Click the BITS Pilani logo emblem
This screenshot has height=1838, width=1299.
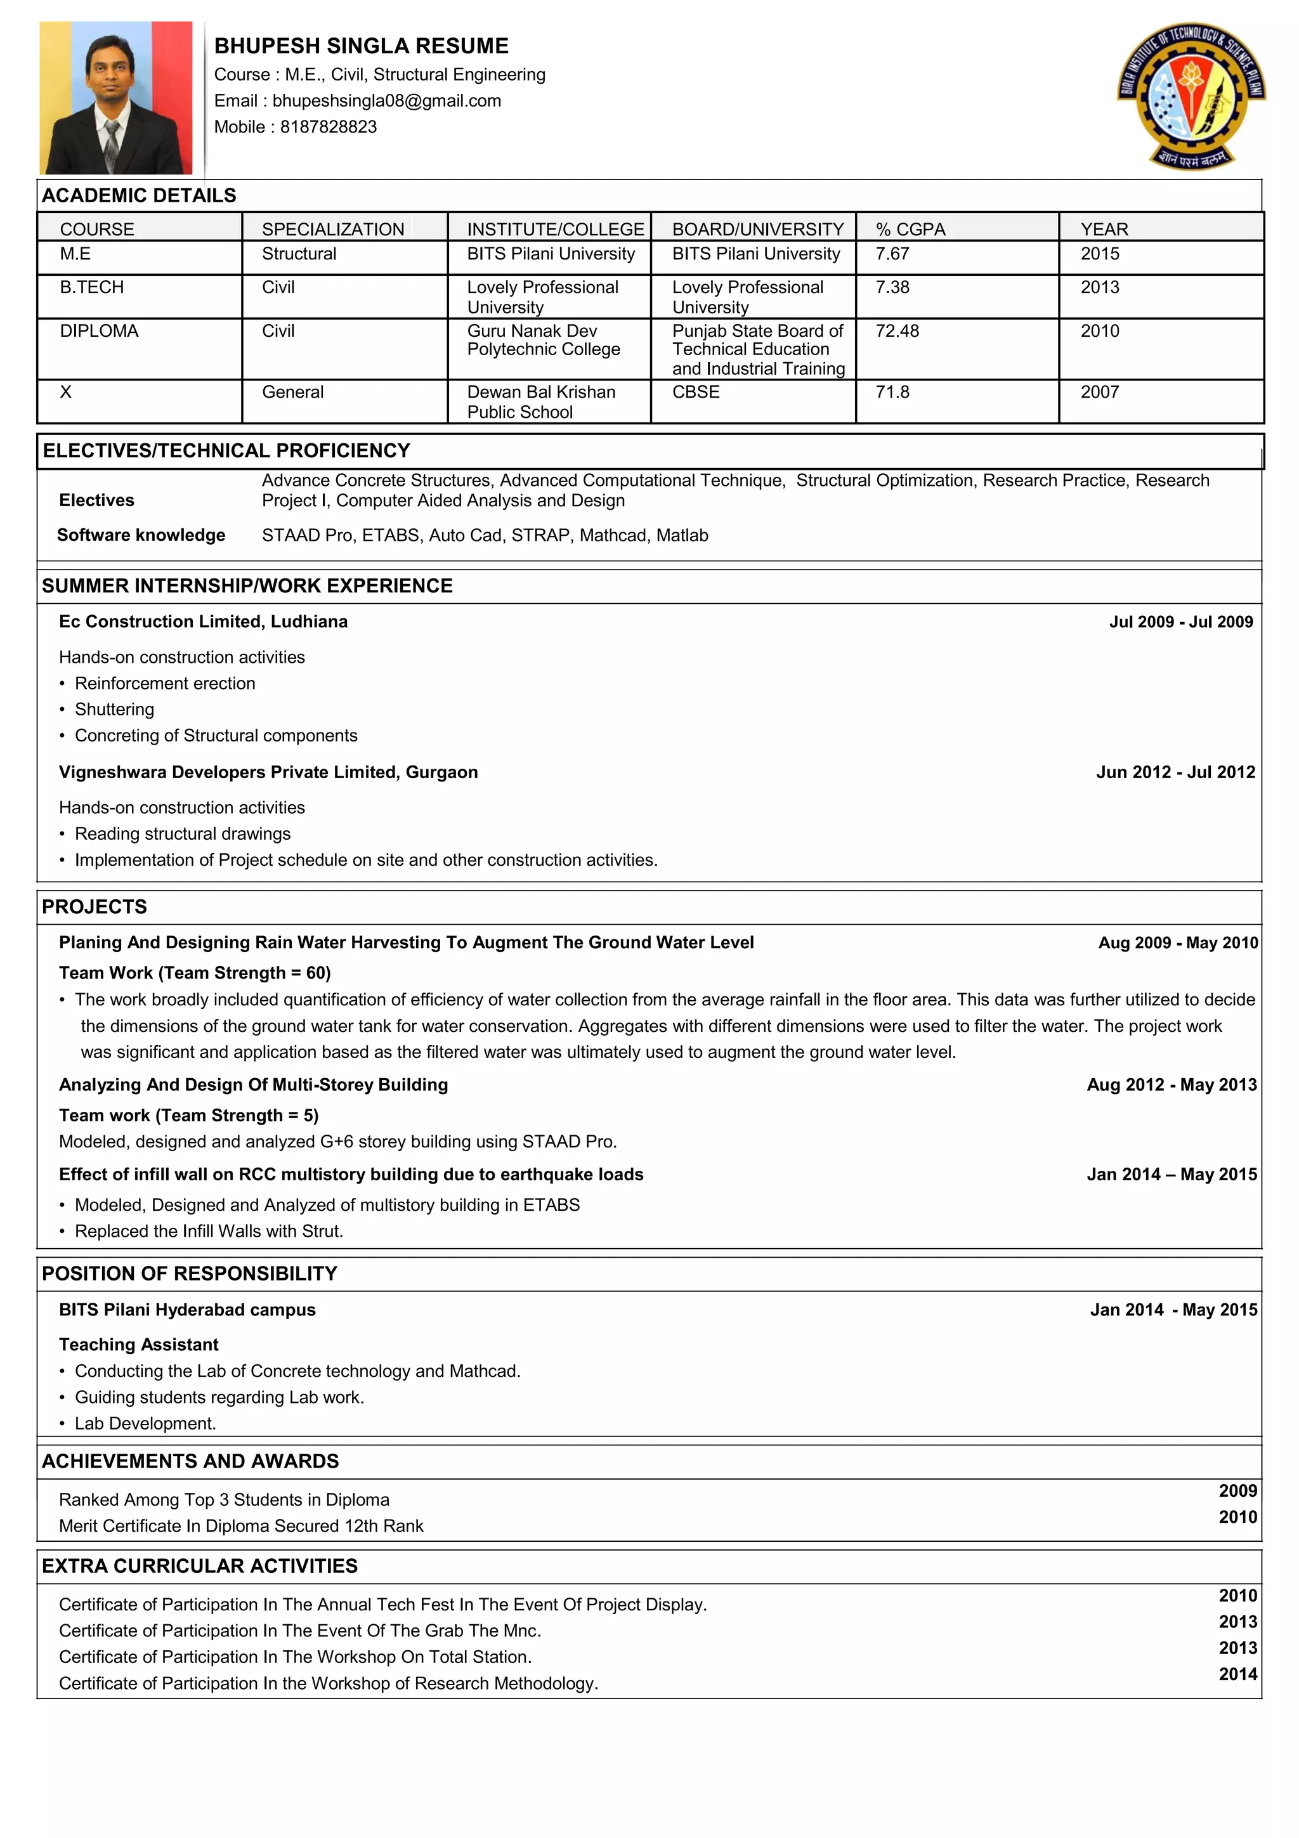1191,95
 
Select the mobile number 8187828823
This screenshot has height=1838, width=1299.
328,126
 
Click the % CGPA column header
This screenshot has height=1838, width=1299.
910,229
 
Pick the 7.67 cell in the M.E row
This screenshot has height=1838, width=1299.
892,254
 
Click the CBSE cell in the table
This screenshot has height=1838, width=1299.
696,392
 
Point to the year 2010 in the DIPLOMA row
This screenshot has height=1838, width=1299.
1099,330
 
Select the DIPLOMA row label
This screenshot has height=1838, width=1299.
99,330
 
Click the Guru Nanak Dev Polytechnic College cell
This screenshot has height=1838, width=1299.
544,340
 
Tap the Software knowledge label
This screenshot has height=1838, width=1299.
141,535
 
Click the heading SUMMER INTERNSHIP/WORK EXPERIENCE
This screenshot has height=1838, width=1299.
247,586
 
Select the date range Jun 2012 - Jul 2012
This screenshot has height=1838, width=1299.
1175,772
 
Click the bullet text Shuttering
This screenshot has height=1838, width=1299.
114,709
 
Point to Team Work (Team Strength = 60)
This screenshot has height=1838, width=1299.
195,973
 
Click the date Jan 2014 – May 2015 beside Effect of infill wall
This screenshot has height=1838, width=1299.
1171,1175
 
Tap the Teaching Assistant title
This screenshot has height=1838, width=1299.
138,1344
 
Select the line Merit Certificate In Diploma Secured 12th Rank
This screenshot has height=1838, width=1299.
241,1526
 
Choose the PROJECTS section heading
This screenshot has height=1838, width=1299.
95,907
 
